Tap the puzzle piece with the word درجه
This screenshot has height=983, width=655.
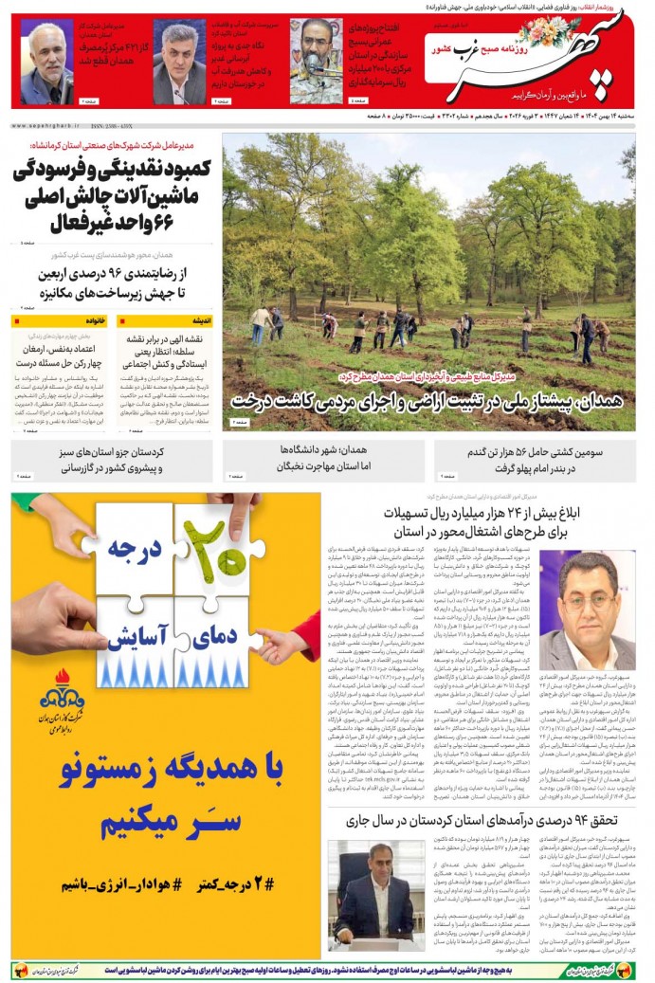click(x=132, y=548)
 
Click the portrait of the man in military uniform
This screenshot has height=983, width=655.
click(x=316, y=59)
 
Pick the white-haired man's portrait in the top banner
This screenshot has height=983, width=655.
click(x=47, y=62)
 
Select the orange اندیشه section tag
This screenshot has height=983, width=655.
click(x=201, y=321)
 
